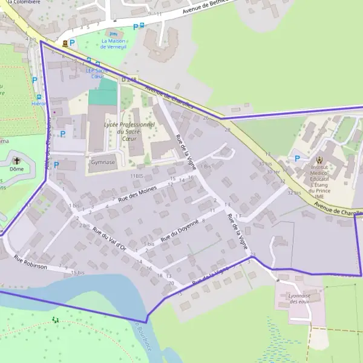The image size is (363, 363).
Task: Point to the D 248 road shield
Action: coord(128,79)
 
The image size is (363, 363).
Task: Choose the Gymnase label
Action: coord(102,162)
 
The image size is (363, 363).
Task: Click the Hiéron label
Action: coord(39,103)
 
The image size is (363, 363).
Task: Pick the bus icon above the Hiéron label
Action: coord(39,96)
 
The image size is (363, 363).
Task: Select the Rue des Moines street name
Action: coord(138,195)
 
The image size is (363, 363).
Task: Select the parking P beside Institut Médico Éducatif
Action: coord(297,159)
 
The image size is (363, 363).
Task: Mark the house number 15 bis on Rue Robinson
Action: coord(77,273)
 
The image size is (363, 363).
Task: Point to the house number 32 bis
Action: coord(294,192)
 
